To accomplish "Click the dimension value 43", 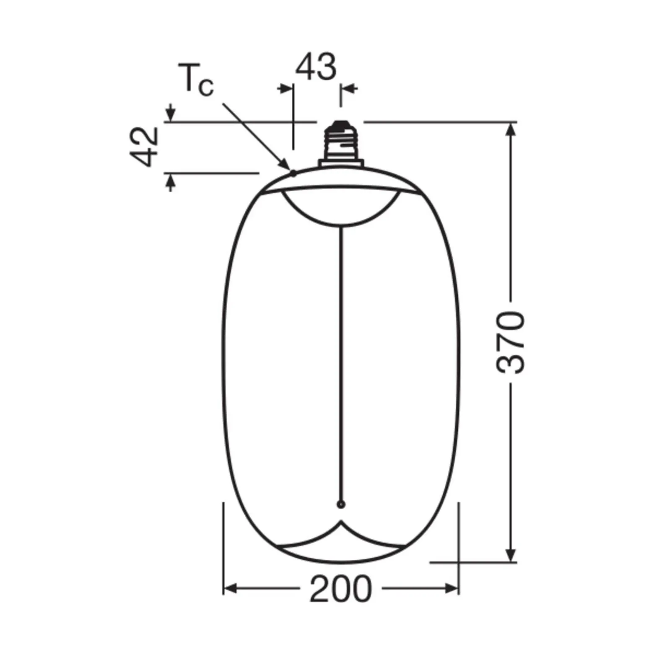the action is click(x=316, y=67).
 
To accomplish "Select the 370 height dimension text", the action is click(x=510, y=342).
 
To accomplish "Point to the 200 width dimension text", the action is click(x=340, y=589).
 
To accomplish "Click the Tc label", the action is click(x=196, y=80).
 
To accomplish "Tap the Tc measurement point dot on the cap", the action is click(x=293, y=173).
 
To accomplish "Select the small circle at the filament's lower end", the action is click(x=341, y=504).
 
